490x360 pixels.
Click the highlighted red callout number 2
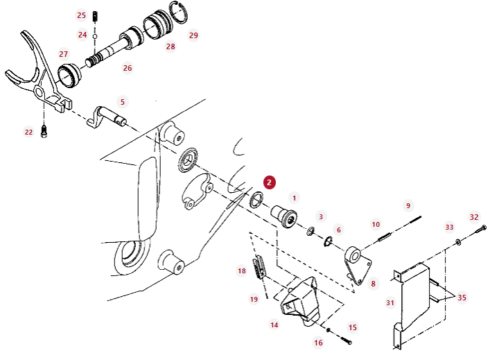pyautogui.click(x=270, y=182)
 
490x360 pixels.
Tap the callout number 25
pyautogui.click(x=81, y=15)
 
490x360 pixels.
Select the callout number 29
pyautogui.click(x=193, y=35)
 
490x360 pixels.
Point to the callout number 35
pyautogui.click(x=462, y=298)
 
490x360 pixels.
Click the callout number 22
pyautogui.click(x=28, y=132)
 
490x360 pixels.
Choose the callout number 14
pyautogui.click(x=274, y=325)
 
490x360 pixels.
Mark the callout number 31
pyautogui.click(x=390, y=302)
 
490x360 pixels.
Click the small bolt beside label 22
pyautogui.click(x=44, y=131)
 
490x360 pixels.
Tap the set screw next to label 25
pyautogui.click(x=96, y=16)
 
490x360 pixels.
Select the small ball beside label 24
pyautogui.click(x=95, y=36)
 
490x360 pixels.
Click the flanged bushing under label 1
pyautogui.click(x=283, y=216)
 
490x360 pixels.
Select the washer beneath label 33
pyautogui.click(x=458, y=242)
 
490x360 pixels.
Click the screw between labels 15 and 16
pyautogui.click(x=345, y=341)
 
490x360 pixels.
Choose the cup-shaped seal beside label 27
pyautogui.click(x=69, y=76)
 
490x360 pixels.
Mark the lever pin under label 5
pyautogui.click(x=106, y=117)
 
